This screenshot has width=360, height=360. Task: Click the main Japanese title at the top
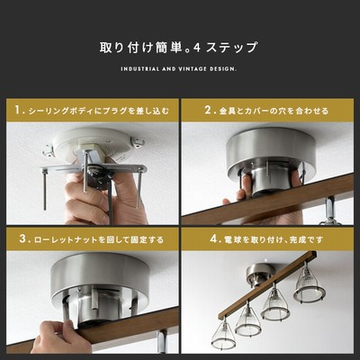pyautogui.click(x=178, y=48)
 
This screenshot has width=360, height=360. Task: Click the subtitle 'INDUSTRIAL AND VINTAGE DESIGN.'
pyautogui.click(x=179, y=69)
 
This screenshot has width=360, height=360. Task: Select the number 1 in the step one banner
pyautogui.click(x=18, y=110)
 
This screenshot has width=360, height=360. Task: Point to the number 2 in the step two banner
pyautogui.click(x=208, y=110)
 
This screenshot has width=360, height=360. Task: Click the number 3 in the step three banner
pyautogui.click(x=22, y=239)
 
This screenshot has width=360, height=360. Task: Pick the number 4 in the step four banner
pyautogui.click(x=213, y=239)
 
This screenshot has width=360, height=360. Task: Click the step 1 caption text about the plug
pyautogui.click(x=99, y=111)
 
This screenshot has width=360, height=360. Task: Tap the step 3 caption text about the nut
pyautogui.click(x=99, y=239)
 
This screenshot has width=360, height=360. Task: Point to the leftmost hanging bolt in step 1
pyautogui.click(x=45, y=190)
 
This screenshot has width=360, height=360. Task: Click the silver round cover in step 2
pyautogui.click(x=271, y=154)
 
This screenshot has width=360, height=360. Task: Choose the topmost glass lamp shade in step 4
pyautogui.click(x=310, y=281)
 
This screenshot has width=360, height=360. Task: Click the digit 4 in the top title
pyautogui.click(x=197, y=48)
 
